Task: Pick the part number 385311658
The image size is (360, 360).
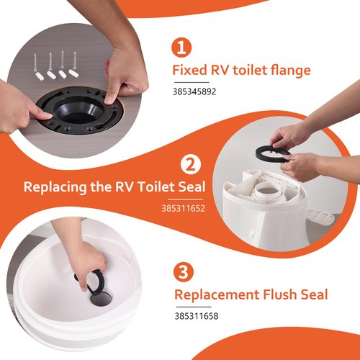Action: click(x=196, y=315)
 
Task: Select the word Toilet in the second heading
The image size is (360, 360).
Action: click(x=152, y=187)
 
